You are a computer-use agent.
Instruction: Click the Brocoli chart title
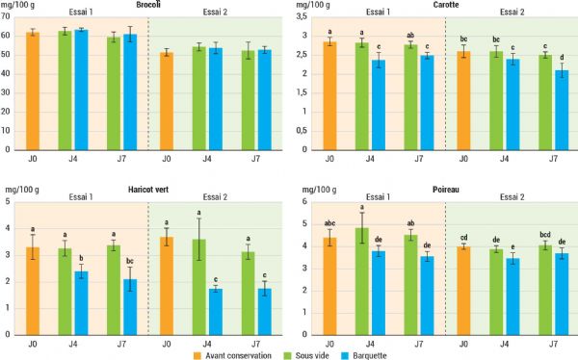pyautogui.click(x=147, y=6)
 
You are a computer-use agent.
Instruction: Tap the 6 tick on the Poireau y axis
pyautogui.click(x=302, y=201)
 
